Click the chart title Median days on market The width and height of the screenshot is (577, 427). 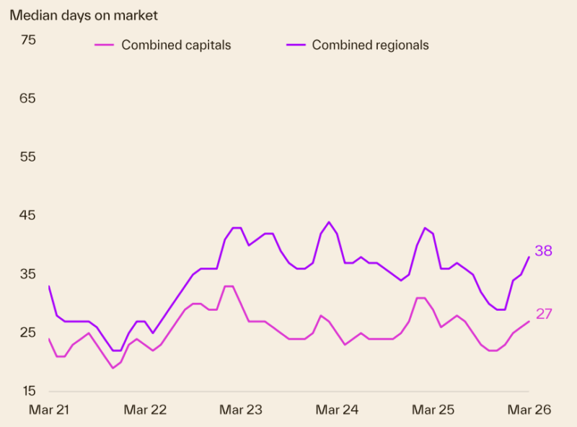click(84, 14)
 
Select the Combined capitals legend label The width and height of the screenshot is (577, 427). click(176, 45)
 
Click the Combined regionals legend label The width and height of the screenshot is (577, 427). click(370, 45)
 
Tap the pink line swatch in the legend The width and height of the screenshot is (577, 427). click(105, 45)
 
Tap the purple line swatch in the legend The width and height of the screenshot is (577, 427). click(296, 45)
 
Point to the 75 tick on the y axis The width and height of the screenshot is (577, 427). click(28, 40)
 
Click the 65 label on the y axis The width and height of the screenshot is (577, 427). click(28, 99)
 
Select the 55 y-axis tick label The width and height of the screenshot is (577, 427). click(28, 157)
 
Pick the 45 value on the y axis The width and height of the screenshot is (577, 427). click(28, 216)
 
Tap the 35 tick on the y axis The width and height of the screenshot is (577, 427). click(28, 274)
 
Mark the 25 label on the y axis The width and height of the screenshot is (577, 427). click(28, 333)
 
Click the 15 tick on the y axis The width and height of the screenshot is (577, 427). click(28, 391)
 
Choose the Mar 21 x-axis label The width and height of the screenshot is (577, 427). click(49, 410)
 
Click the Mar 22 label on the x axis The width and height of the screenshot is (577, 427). click(145, 410)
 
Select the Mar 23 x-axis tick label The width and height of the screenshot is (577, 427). click(241, 410)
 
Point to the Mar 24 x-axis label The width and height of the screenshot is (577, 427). click(337, 410)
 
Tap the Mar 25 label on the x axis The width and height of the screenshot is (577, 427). click(433, 410)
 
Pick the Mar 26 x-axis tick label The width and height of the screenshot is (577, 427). click(529, 410)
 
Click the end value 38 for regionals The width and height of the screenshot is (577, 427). click(543, 251)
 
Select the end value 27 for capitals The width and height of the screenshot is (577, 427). click(543, 314)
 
